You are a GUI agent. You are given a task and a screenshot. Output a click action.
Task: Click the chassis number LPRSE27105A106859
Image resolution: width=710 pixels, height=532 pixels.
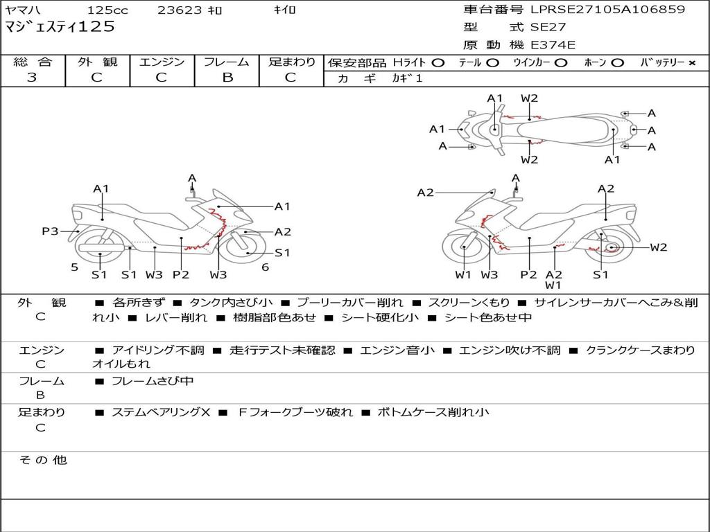(x=607, y=9)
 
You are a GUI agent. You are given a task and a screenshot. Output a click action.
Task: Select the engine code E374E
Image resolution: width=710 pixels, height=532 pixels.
(x=553, y=45)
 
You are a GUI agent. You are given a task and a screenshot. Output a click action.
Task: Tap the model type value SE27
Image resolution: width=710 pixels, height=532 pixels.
(x=548, y=27)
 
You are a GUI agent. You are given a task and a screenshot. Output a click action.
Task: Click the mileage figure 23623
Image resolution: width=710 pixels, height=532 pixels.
(x=180, y=10)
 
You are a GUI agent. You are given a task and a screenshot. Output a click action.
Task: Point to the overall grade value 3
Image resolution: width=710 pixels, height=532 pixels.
(x=32, y=78)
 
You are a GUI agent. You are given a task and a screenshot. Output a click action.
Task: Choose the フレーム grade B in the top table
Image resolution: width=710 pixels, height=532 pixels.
(x=227, y=78)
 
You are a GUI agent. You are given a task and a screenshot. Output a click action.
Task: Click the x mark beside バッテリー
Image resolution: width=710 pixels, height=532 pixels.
(x=692, y=63)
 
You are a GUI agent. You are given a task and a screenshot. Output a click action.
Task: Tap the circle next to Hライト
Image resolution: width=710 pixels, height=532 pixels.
(x=438, y=63)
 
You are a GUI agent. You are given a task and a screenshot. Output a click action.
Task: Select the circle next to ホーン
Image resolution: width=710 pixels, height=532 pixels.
(x=617, y=63)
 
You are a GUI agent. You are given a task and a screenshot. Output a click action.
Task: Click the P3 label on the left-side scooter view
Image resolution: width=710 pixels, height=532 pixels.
(x=50, y=231)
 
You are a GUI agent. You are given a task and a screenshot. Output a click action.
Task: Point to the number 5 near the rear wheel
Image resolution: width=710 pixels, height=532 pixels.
(x=75, y=267)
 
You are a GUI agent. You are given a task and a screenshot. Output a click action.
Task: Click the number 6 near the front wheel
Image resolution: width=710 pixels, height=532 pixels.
(x=266, y=267)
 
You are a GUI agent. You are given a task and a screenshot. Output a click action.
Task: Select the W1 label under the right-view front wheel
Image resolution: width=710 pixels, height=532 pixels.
(x=463, y=274)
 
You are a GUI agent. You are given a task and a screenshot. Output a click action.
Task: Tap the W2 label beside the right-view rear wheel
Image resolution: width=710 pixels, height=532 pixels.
(x=659, y=247)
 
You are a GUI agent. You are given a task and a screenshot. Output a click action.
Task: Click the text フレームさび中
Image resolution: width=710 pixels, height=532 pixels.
(x=153, y=382)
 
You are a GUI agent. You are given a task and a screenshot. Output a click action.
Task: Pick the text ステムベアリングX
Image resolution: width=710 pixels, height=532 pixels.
(x=161, y=412)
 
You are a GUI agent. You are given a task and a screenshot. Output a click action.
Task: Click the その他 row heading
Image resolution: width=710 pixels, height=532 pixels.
(x=42, y=460)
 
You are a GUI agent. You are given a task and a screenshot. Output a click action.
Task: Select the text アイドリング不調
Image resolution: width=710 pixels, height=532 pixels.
(x=158, y=350)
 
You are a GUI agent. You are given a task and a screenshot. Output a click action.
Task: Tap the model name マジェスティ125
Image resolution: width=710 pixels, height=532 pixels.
(x=60, y=27)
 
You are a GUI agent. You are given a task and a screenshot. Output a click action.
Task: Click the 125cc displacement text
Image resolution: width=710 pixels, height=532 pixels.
(x=107, y=10)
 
